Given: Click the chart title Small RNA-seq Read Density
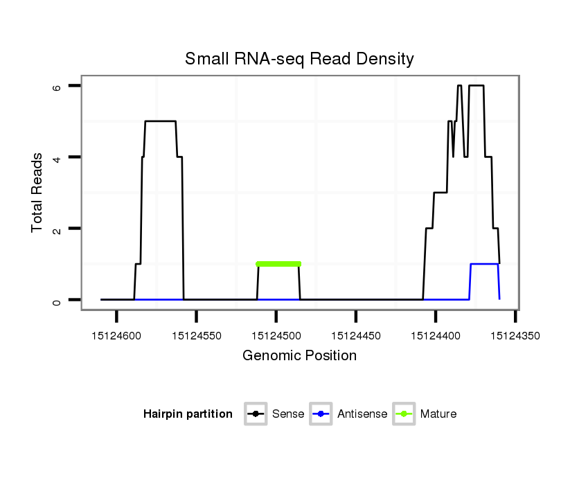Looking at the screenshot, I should tap(299, 59).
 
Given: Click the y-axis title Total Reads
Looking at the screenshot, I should tap(38, 193).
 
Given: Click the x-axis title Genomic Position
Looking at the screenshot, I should tap(299, 356).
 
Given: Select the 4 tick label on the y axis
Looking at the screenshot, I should tap(57, 157).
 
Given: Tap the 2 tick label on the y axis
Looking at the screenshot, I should tap(57, 229).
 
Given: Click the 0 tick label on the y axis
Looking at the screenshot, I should tap(57, 300).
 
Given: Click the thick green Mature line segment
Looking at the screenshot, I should tap(278, 264).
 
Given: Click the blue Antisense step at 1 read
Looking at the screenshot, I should tap(484, 264).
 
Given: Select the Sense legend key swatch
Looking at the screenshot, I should tap(256, 414).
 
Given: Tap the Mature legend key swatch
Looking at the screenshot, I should tap(404, 414).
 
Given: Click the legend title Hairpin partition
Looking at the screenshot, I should tap(188, 414).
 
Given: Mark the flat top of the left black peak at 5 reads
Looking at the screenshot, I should tap(160, 121).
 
